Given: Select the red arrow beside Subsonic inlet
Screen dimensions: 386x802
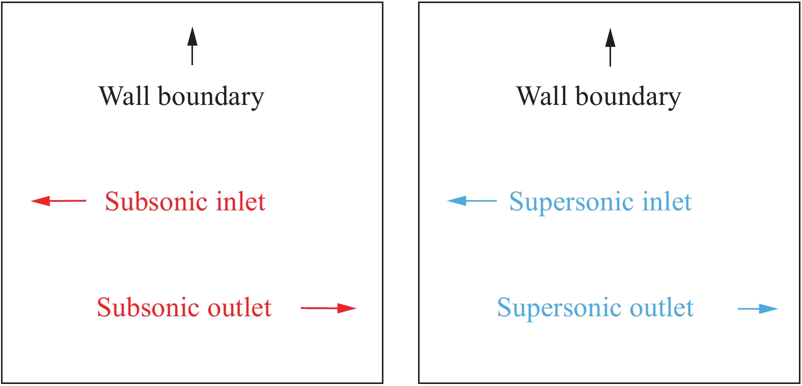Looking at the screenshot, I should click(59, 201).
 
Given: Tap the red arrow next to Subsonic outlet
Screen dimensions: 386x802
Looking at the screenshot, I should click(328, 308).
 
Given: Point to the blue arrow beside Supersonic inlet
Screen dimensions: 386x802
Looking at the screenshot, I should click(472, 201).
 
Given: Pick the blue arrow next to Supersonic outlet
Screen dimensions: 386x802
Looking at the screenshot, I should click(758, 309).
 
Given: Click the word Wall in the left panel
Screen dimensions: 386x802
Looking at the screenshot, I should click(124, 96).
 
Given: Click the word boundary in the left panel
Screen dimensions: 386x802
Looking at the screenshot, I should click(211, 97).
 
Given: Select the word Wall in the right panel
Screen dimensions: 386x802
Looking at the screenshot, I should click(542, 96).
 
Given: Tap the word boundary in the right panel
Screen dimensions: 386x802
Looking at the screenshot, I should click(628, 97).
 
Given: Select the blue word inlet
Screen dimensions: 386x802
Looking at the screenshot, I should click(667, 202).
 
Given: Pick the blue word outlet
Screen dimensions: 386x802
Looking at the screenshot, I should click(661, 308).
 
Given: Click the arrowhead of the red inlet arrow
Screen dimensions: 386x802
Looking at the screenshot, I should click(41, 201).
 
